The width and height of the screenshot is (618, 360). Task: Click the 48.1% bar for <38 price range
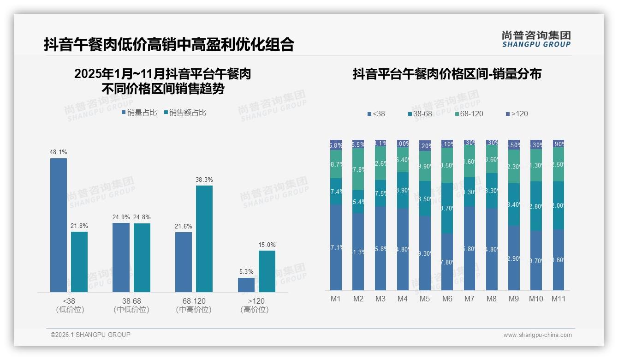click(x=59, y=225)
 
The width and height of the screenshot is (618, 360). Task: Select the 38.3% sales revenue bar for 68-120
click(x=204, y=239)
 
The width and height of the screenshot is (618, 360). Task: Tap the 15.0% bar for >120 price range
click(x=267, y=271)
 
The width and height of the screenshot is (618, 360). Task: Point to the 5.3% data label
click(x=246, y=272)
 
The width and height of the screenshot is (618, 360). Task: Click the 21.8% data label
click(x=79, y=226)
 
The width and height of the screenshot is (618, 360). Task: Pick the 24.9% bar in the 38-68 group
click(x=121, y=258)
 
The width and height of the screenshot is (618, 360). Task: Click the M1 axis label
click(x=336, y=299)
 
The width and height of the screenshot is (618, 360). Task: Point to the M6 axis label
click(x=447, y=299)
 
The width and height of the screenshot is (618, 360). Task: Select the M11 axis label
click(x=559, y=299)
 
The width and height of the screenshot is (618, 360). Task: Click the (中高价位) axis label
click(x=194, y=310)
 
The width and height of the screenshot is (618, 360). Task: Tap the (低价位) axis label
click(x=70, y=310)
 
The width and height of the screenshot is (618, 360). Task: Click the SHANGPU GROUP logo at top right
click(x=536, y=39)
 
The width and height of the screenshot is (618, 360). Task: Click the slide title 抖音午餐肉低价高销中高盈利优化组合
click(x=169, y=44)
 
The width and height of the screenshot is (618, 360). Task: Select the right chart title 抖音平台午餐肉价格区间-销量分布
click(x=446, y=74)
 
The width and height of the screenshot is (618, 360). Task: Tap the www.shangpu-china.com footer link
click(x=537, y=335)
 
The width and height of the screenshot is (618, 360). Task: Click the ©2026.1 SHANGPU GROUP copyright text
click(x=90, y=335)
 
